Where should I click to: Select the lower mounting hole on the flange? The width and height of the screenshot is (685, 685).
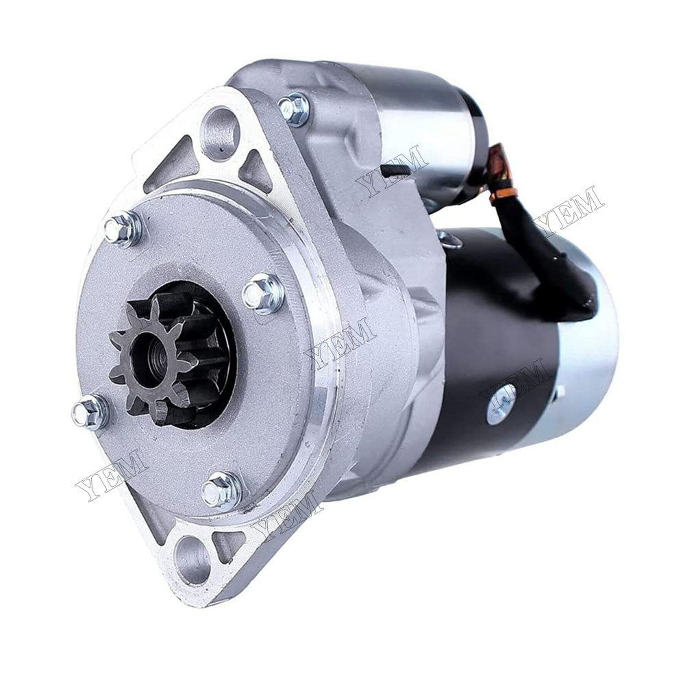click(x=192, y=558)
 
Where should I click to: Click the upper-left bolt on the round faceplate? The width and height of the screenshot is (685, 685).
click(x=123, y=229)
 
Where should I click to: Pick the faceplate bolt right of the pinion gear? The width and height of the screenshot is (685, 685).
click(x=263, y=293)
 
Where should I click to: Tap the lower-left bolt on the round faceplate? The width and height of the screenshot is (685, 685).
click(x=90, y=412)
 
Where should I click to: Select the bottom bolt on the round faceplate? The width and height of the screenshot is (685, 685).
click(x=221, y=489)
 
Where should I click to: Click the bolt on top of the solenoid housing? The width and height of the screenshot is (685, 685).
click(x=294, y=110)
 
